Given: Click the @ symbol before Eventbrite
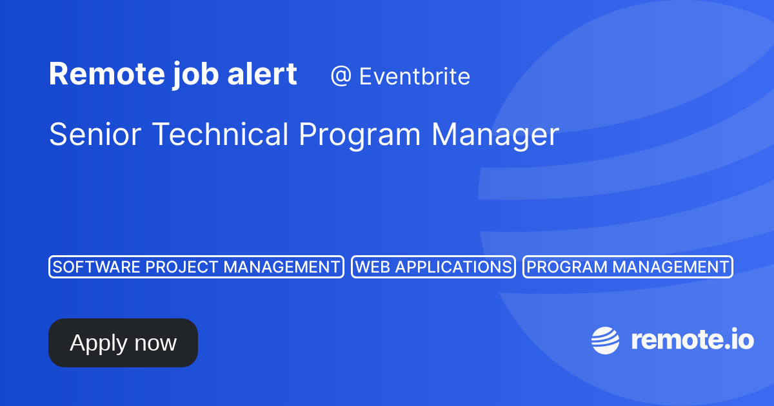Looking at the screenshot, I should coord(340,77).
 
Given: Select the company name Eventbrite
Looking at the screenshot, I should coord(414,77).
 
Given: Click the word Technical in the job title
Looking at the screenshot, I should coord(221,135).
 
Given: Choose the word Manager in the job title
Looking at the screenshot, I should coord(495,135).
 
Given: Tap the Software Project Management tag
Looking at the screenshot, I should coord(196,267).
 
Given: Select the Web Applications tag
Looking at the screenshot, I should coord(433,267).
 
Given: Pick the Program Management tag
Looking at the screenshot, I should coord(628,267).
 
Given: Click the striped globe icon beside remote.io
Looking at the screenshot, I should coord(606,340).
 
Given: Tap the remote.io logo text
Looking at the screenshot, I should coord(692,340).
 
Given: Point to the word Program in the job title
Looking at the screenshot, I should coord(361,135).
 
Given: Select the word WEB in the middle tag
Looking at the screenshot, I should coord(370,267).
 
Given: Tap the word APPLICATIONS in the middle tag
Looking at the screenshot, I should coord(450,267).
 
